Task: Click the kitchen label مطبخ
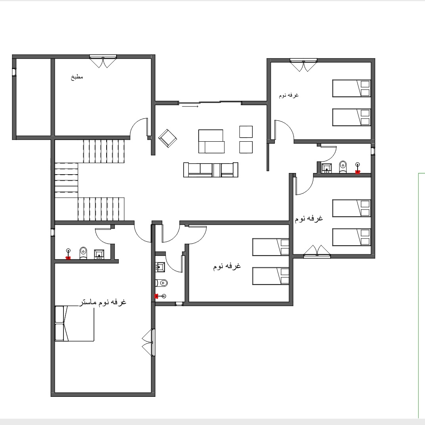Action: (x=77, y=77)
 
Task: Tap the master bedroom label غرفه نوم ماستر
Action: (x=103, y=302)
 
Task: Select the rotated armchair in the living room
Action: (x=168, y=138)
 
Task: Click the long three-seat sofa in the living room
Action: (x=211, y=170)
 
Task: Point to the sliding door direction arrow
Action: (x=190, y=107)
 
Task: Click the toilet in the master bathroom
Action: (x=83, y=253)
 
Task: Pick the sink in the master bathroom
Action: (x=99, y=254)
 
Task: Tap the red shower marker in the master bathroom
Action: (x=68, y=258)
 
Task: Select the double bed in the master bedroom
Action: (x=75, y=323)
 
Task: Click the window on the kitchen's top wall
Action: (x=103, y=57)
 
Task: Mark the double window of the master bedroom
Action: (x=153, y=342)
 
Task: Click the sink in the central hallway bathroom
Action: (x=160, y=267)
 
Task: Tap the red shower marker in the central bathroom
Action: (x=156, y=296)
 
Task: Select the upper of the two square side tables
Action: (x=246, y=132)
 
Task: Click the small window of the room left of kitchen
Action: (x=14, y=72)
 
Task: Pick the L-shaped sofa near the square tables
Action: (x=211, y=141)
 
